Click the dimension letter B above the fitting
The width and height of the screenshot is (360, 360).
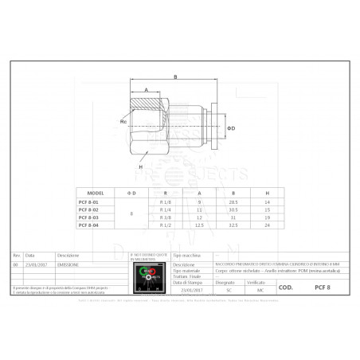(174, 76)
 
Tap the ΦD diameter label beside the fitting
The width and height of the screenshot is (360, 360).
(231, 128)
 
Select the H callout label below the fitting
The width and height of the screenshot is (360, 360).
(140, 167)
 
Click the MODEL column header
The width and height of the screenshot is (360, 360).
(96, 194)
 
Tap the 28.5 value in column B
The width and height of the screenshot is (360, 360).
(233, 203)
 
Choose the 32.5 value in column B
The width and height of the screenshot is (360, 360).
(233, 226)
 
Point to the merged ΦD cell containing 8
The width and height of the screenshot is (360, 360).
(131, 214)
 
